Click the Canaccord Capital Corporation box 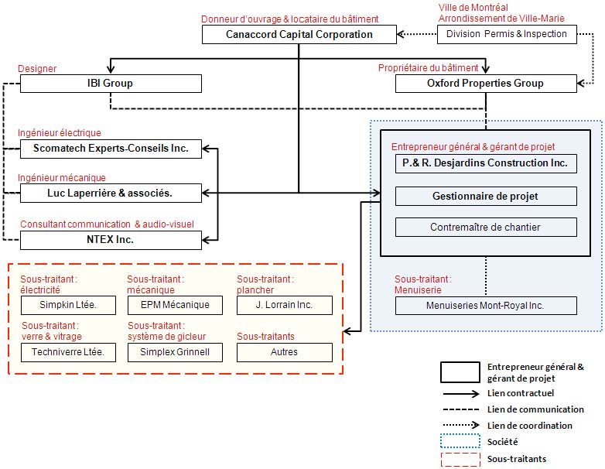click(299, 34)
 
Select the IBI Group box click(111, 84)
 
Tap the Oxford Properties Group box click(486, 84)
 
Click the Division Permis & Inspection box click(507, 34)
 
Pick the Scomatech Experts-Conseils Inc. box click(111, 149)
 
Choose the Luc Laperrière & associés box click(111, 193)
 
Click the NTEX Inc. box click(111, 240)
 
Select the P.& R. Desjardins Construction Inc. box click(486, 163)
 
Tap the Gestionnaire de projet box click(486, 196)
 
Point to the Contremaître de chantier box click(486, 227)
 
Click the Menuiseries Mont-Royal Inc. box click(486, 306)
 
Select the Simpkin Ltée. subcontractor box click(68, 306)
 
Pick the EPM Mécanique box click(175, 306)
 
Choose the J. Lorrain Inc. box click(285, 306)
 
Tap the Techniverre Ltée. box click(68, 352)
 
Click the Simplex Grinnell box click(175, 352)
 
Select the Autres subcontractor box click(285, 352)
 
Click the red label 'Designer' click(37, 69)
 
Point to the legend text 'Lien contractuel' click(521, 393)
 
